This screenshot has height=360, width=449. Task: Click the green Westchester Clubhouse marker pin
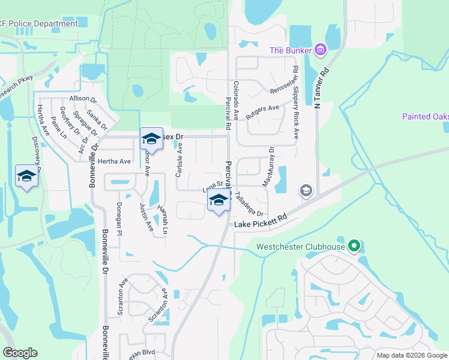click(x=354, y=246)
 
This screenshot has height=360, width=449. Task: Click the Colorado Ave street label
click(x=236, y=101)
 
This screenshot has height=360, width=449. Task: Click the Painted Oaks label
click(x=425, y=116)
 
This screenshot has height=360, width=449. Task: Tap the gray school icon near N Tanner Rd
click(x=306, y=191)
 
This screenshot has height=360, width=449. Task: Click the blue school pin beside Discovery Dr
click(x=26, y=176)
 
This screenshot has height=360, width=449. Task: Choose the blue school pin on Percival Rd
click(x=218, y=201)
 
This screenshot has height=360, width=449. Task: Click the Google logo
click(x=19, y=353)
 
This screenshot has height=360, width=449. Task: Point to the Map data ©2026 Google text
click(x=411, y=355)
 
